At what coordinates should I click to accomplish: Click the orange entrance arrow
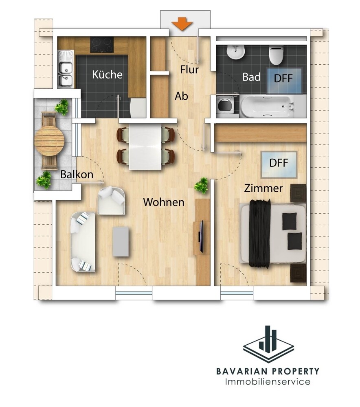[x=182, y=24]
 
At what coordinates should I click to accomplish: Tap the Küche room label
[x=107, y=74]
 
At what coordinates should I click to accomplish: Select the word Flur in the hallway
[x=189, y=70]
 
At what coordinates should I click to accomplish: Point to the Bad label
[x=251, y=77]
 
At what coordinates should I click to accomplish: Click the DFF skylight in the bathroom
[x=284, y=81]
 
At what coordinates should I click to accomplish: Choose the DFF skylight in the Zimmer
[x=279, y=164]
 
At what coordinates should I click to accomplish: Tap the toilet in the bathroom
[x=276, y=55]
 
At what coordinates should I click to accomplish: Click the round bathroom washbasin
[x=235, y=52]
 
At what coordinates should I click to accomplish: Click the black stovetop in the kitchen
[x=102, y=44]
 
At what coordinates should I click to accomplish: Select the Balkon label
[x=77, y=175]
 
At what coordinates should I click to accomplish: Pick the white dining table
[x=145, y=147]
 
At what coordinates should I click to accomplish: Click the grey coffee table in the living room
[x=121, y=242]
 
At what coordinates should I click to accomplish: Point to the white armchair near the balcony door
[x=111, y=200]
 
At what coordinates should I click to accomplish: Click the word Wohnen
[x=164, y=202]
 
